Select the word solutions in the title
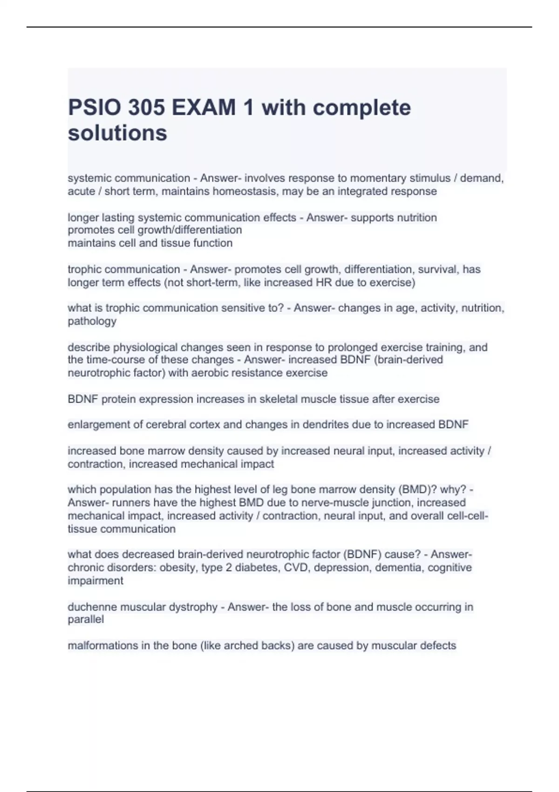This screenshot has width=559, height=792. pos(117,133)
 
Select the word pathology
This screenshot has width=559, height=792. pos(92,321)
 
